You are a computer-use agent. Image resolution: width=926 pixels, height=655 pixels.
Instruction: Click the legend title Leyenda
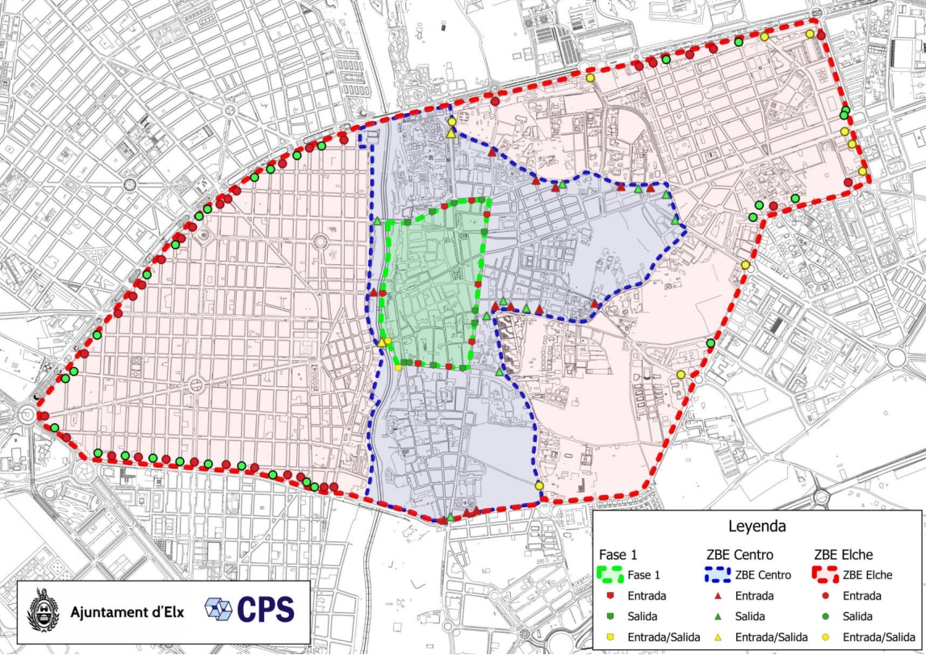[759, 527]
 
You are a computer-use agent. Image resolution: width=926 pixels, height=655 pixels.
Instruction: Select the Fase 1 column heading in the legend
[619, 556]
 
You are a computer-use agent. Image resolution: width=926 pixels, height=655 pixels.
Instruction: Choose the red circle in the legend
[827, 596]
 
